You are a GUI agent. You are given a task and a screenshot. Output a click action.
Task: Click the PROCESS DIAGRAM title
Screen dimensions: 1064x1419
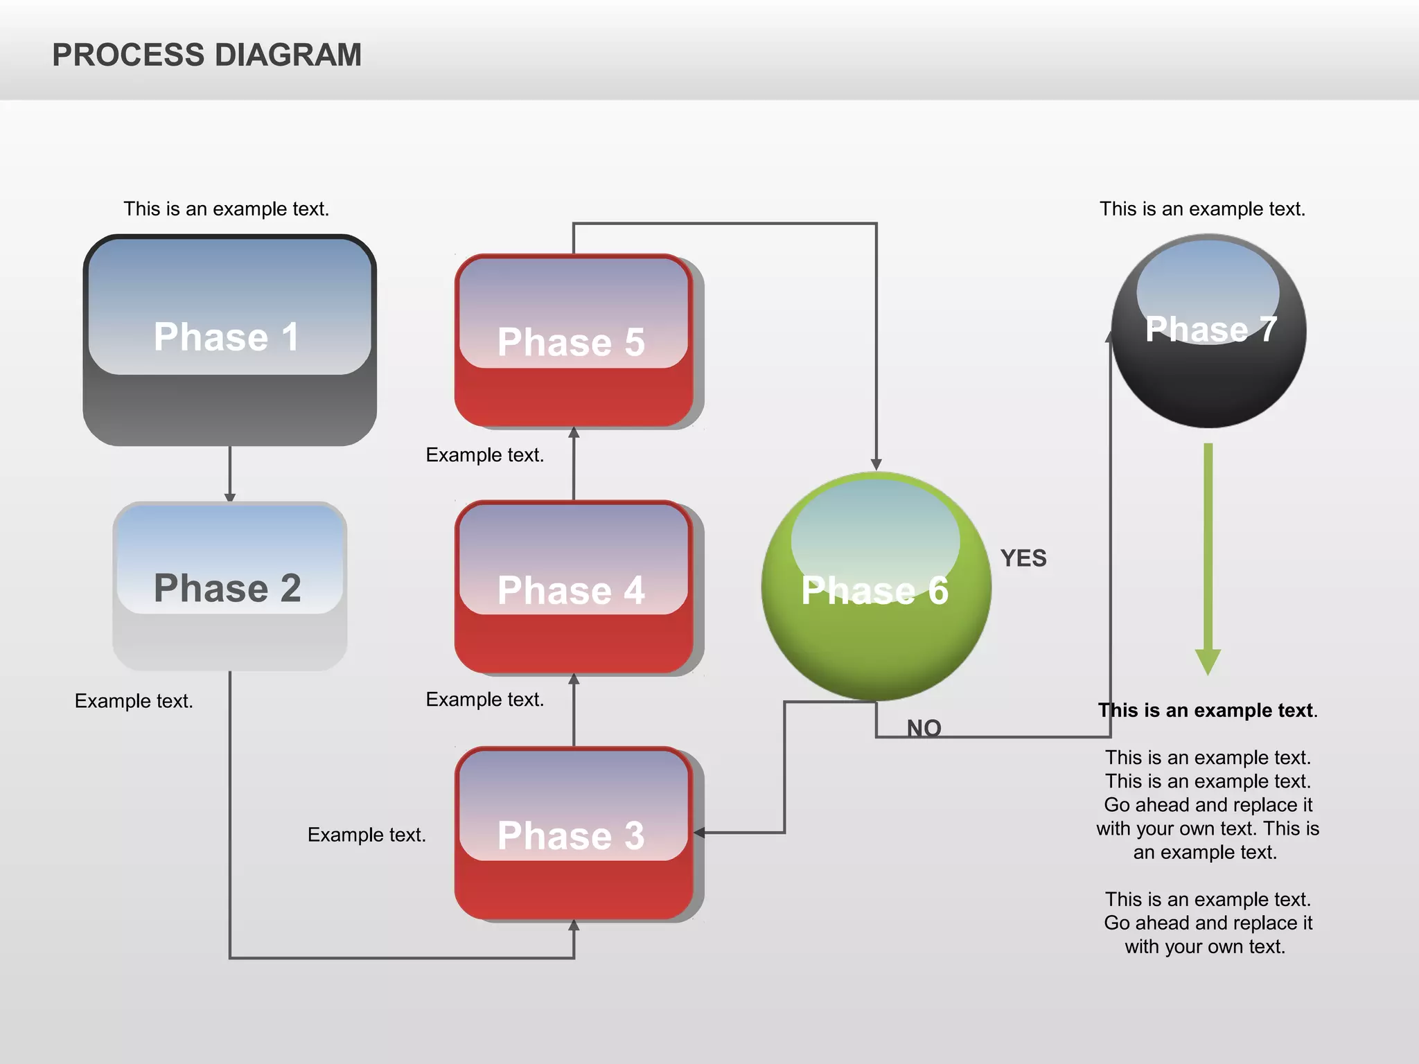pyautogui.click(x=206, y=55)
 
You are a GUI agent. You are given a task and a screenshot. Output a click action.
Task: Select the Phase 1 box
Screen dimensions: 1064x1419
pyautogui.click(x=229, y=339)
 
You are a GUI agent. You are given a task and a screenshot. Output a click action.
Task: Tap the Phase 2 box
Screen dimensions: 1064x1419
pyautogui.click(x=229, y=586)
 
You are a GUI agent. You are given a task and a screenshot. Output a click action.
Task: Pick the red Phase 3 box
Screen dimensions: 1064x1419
pyautogui.click(x=573, y=833)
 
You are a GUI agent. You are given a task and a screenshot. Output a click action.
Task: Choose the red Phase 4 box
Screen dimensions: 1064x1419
pyautogui.click(x=573, y=587)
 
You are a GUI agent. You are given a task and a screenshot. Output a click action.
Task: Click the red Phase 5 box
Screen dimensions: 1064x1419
pyautogui.click(x=573, y=340)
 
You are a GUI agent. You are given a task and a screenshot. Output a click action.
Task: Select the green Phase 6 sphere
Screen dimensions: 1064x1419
pyautogui.click(x=876, y=586)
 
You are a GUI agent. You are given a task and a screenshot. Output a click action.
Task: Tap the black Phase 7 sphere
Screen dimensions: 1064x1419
pyautogui.click(x=1208, y=331)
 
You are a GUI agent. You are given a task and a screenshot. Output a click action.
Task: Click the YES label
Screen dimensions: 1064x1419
pyautogui.click(x=1023, y=558)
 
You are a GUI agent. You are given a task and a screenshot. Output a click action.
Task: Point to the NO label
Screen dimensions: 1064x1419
pyautogui.click(x=924, y=727)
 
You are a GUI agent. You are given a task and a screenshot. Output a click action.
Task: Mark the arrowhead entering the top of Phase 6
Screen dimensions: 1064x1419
pyautogui.click(x=876, y=464)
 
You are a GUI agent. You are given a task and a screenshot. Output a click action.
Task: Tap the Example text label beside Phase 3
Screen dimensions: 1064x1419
pyautogui.click(x=366, y=835)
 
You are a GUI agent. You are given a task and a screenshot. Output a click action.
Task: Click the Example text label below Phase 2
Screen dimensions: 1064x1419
pyautogui.click(x=134, y=701)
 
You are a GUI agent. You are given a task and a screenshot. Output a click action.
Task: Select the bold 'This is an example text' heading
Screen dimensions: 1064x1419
pyautogui.click(x=1207, y=710)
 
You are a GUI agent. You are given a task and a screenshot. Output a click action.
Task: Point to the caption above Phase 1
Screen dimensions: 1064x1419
pyautogui.click(x=226, y=209)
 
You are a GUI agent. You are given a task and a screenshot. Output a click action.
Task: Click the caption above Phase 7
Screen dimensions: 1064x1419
pyautogui.click(x=1202, y=209)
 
